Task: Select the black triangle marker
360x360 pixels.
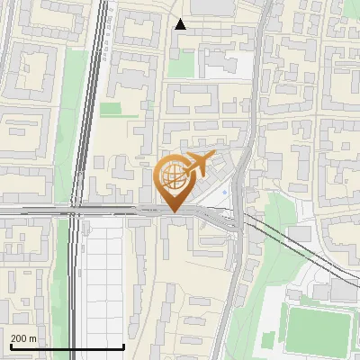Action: coord(181,24)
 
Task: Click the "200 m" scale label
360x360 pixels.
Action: coord(23,338)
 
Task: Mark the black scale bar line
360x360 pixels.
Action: coord(67,346)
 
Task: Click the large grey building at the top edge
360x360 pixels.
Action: coord(211,7)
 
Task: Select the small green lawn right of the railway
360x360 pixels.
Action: coord(111,109)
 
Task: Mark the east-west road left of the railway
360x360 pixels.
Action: coord(36,211)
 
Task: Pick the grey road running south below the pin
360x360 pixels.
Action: coord(230,288)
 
